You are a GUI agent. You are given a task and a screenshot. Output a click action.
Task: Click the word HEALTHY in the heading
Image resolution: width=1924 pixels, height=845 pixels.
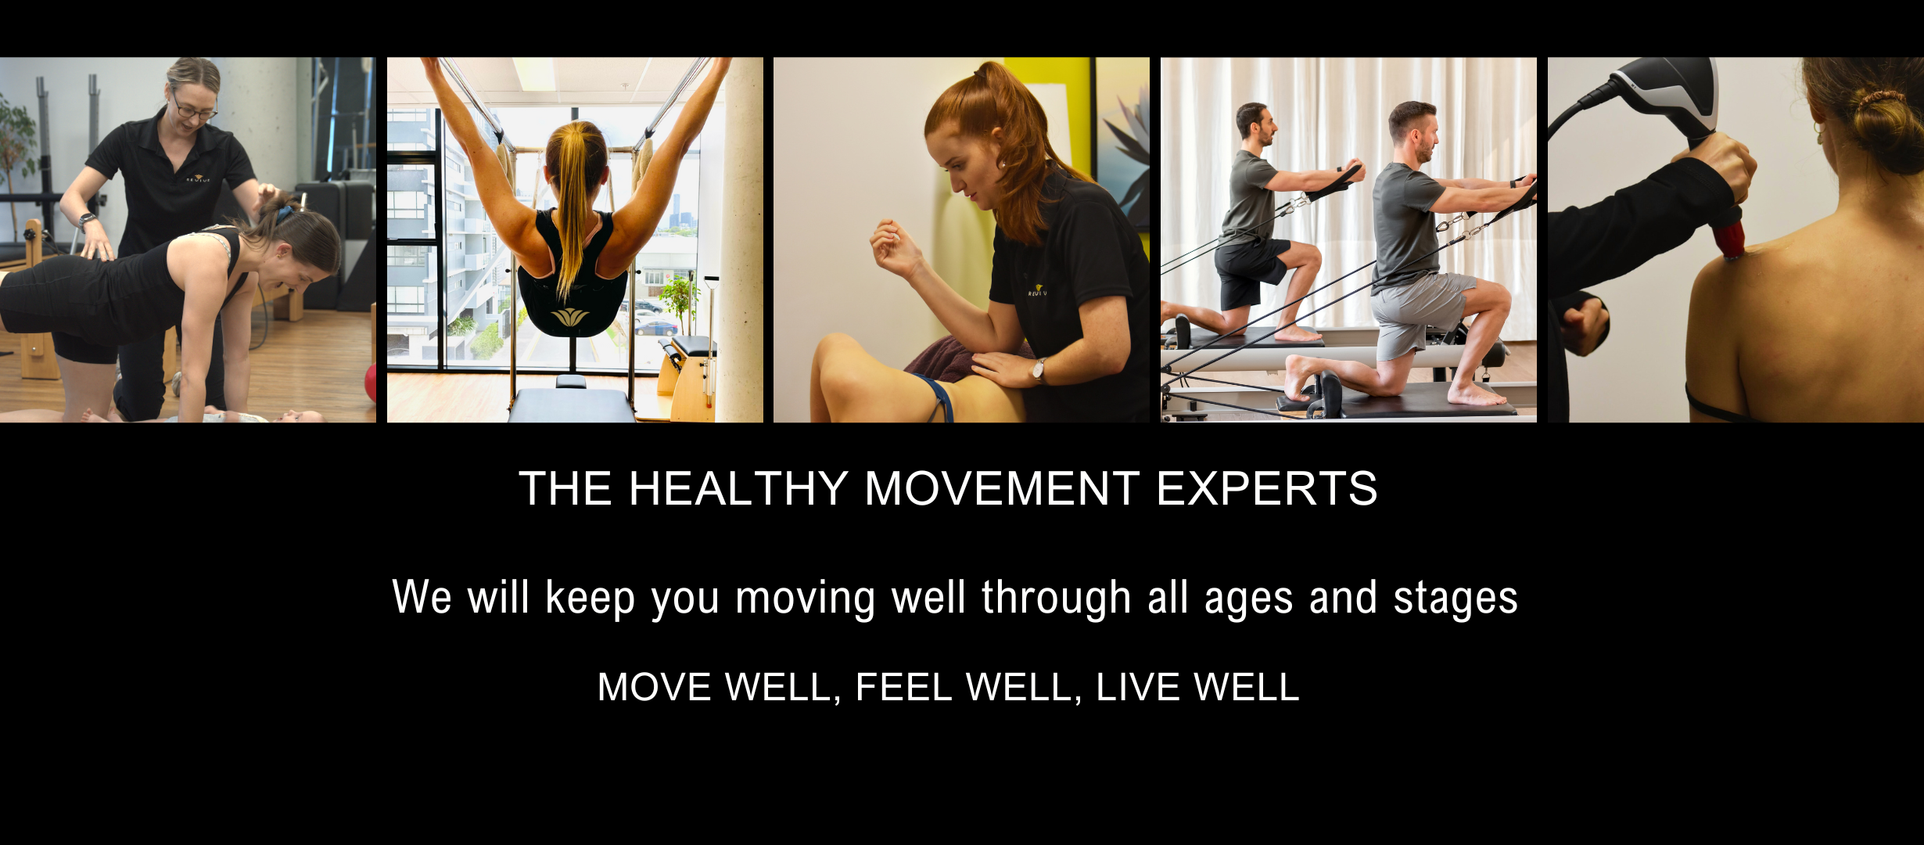pos(738,489)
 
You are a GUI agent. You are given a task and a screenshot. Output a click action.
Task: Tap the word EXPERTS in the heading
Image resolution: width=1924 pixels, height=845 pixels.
pos(1266,489)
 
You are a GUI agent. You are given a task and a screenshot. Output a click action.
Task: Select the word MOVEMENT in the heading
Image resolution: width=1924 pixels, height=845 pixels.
pos(1002,489)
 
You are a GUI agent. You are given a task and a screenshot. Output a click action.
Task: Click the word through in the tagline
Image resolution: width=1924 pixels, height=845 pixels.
pos(1057,599)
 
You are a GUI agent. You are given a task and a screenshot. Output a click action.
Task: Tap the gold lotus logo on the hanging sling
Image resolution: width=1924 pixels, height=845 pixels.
pos(569,317)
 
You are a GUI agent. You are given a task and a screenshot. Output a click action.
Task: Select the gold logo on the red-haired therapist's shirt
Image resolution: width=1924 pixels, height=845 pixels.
pos(1037,291)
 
